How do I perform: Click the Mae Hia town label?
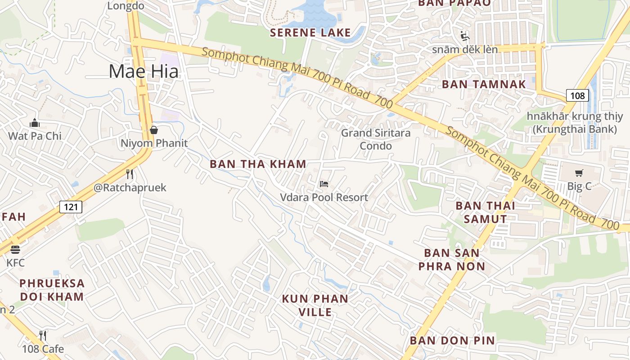[x=144, y=72]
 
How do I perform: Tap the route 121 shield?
[x=71, y=207]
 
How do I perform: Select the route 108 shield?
[x=577, y=95]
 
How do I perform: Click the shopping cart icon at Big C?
[x=579, y=173]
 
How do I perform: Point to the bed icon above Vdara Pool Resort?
[x=324, y=184]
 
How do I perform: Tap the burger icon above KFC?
[x=15, y=249]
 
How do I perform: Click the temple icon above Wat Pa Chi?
[x=35, y=123]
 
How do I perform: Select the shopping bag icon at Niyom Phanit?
[x=154, y=130]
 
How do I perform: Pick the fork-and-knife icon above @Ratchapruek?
[x=130, y=174]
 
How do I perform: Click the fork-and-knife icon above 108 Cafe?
[x=43, y=335]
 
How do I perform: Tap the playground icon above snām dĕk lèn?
[x=465, y=36]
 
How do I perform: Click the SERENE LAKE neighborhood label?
[x=310, y=32]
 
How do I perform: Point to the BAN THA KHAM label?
[x=258, y=164]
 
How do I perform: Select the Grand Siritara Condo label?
[x=376, y=139]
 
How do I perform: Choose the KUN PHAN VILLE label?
[x=315, y=305]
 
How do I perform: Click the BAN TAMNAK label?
[x=484, y=84]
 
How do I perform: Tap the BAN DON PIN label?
[x=452, y=341]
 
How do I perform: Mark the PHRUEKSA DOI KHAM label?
[x=52, y=290]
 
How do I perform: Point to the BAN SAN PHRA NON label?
[x=452, y=260]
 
